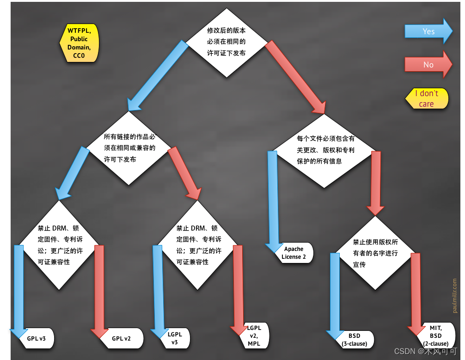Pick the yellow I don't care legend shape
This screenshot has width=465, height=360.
click(427, 98)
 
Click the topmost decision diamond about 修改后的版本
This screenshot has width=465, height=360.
click(226, 43)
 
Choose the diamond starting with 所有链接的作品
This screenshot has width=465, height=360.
click(129, 148)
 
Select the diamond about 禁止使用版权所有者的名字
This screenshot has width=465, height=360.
click(375, 253)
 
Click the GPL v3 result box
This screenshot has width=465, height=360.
click(37, 338)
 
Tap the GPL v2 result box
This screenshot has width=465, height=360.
click(122, 338)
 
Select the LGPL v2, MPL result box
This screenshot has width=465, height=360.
click(254, 337)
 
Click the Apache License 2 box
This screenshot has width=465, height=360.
click(295, 253)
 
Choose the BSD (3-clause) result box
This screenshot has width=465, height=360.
click(355, 339)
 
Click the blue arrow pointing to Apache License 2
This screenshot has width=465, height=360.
click(273, 199)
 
